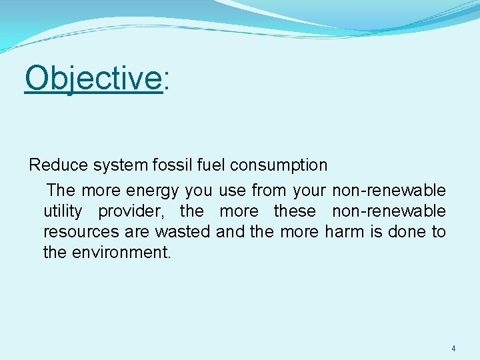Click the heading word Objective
pyautogui.click(x=93, y=79)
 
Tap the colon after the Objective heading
pyautogui.click(x=167, y=80)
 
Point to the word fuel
pyautogui.click(x=212, y=165)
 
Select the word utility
pyautogui.click(x=63, y=211)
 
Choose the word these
pyautogui.click(x=295, y=211)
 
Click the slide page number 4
pyautogui.click(x=453, y=348)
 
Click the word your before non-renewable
pyautogui.click(x=309, y=191)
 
